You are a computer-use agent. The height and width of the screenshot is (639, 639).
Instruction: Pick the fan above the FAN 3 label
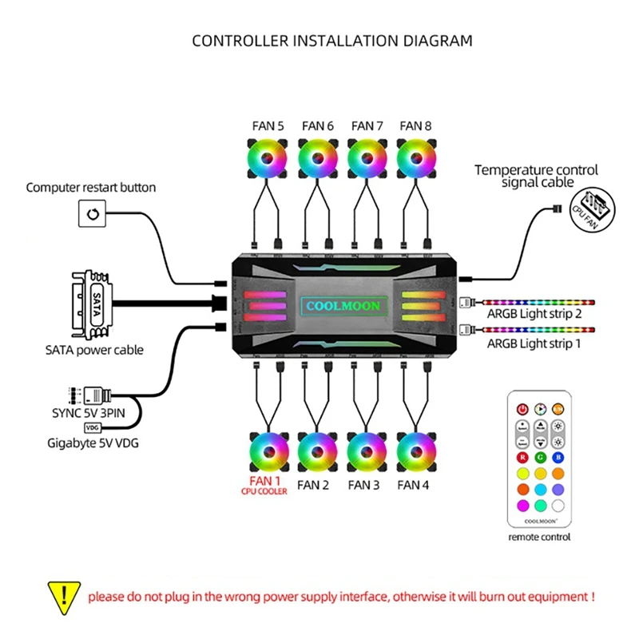367,453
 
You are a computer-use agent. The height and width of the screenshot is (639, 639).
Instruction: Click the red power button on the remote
523,407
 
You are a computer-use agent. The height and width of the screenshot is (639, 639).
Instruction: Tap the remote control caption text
541,537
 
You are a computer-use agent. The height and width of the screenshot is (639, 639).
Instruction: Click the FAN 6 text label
318,125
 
